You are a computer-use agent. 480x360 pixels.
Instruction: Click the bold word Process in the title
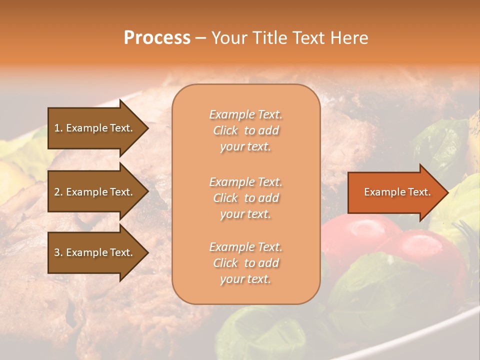pyautogui.click(x=157, y=37)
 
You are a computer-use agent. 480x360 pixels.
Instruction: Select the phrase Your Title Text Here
pyautogui.click(x=289, y=38)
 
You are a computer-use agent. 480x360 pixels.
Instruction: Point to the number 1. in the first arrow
pyautogui.click(x=58, y=128)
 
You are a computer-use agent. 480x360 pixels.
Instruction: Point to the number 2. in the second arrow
pyautogui.click(x=58, y=192)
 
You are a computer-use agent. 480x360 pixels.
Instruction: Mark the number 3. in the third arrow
pyautogui.click(x=58, y=252)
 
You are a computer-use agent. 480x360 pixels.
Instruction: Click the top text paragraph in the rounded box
pyautogui.click(x=245, y=130)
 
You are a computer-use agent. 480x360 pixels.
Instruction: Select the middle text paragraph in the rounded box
pyautogui.click(x=245, y=198)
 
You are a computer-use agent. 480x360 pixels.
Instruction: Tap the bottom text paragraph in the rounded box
pyautogui.click(x=245, y=263)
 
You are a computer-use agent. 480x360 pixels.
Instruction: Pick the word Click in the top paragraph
pyautogui.click(x=225, y=130)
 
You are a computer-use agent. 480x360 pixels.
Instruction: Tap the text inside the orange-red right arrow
pyautogui.click(x=397, y=192)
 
